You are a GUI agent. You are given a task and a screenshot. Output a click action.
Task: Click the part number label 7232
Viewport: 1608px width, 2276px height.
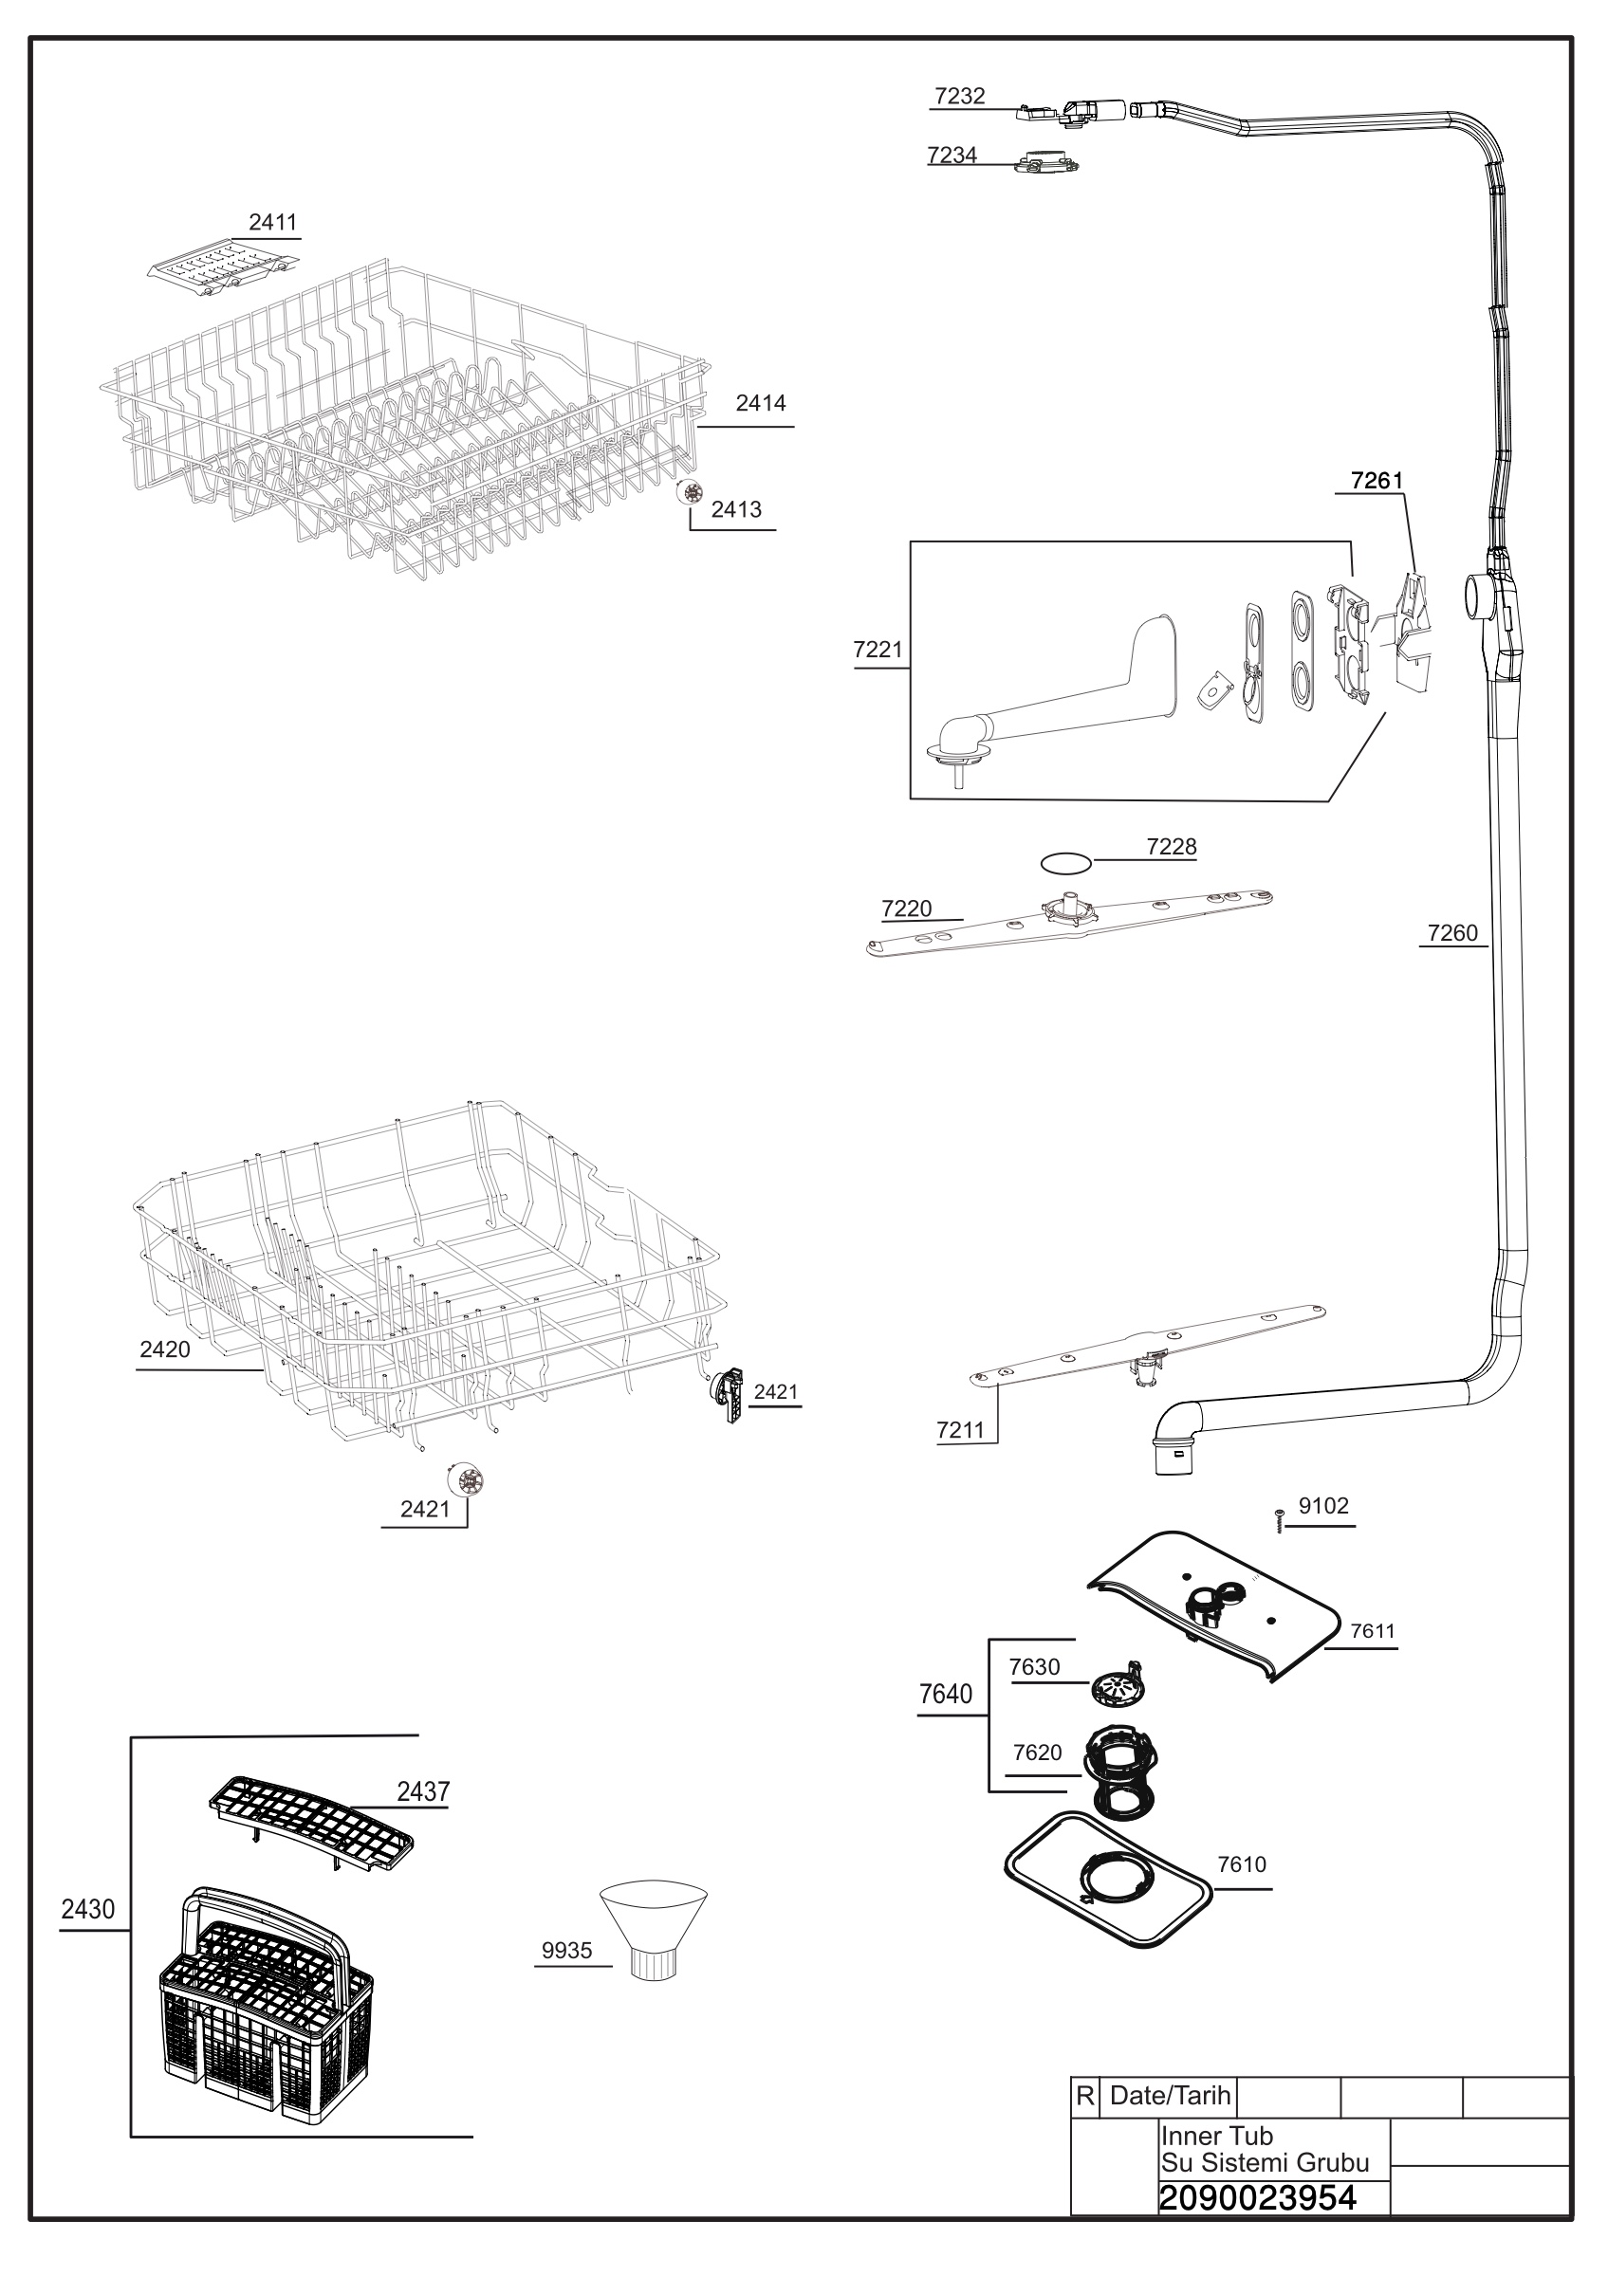(959, 96)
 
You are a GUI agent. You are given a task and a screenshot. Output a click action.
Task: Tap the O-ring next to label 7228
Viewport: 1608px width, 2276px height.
(1065, 863)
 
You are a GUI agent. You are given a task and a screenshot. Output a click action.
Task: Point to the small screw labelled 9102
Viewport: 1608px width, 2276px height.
(1279, 1519)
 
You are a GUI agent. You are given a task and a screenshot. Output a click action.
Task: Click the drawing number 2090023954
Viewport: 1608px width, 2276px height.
(1257, 2197)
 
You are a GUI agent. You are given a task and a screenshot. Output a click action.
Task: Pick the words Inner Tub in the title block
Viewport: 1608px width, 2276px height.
(1216, 2137)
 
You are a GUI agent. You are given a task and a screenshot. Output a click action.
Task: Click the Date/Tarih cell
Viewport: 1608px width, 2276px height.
(1169, 2096)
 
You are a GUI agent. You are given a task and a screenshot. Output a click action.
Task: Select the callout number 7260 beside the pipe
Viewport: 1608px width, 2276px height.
(1452, 933)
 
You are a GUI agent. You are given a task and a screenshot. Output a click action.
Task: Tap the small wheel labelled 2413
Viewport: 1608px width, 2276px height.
(690, 491)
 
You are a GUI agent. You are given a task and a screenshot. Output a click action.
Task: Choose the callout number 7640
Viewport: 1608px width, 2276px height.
(946, 1695)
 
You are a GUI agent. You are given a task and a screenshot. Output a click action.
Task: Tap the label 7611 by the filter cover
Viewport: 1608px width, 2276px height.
(1372, 1631)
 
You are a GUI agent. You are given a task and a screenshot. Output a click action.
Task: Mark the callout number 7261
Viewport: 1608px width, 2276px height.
(1377, 481)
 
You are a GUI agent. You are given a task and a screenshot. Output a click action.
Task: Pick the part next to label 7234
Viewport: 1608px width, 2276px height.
(1045, 162)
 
